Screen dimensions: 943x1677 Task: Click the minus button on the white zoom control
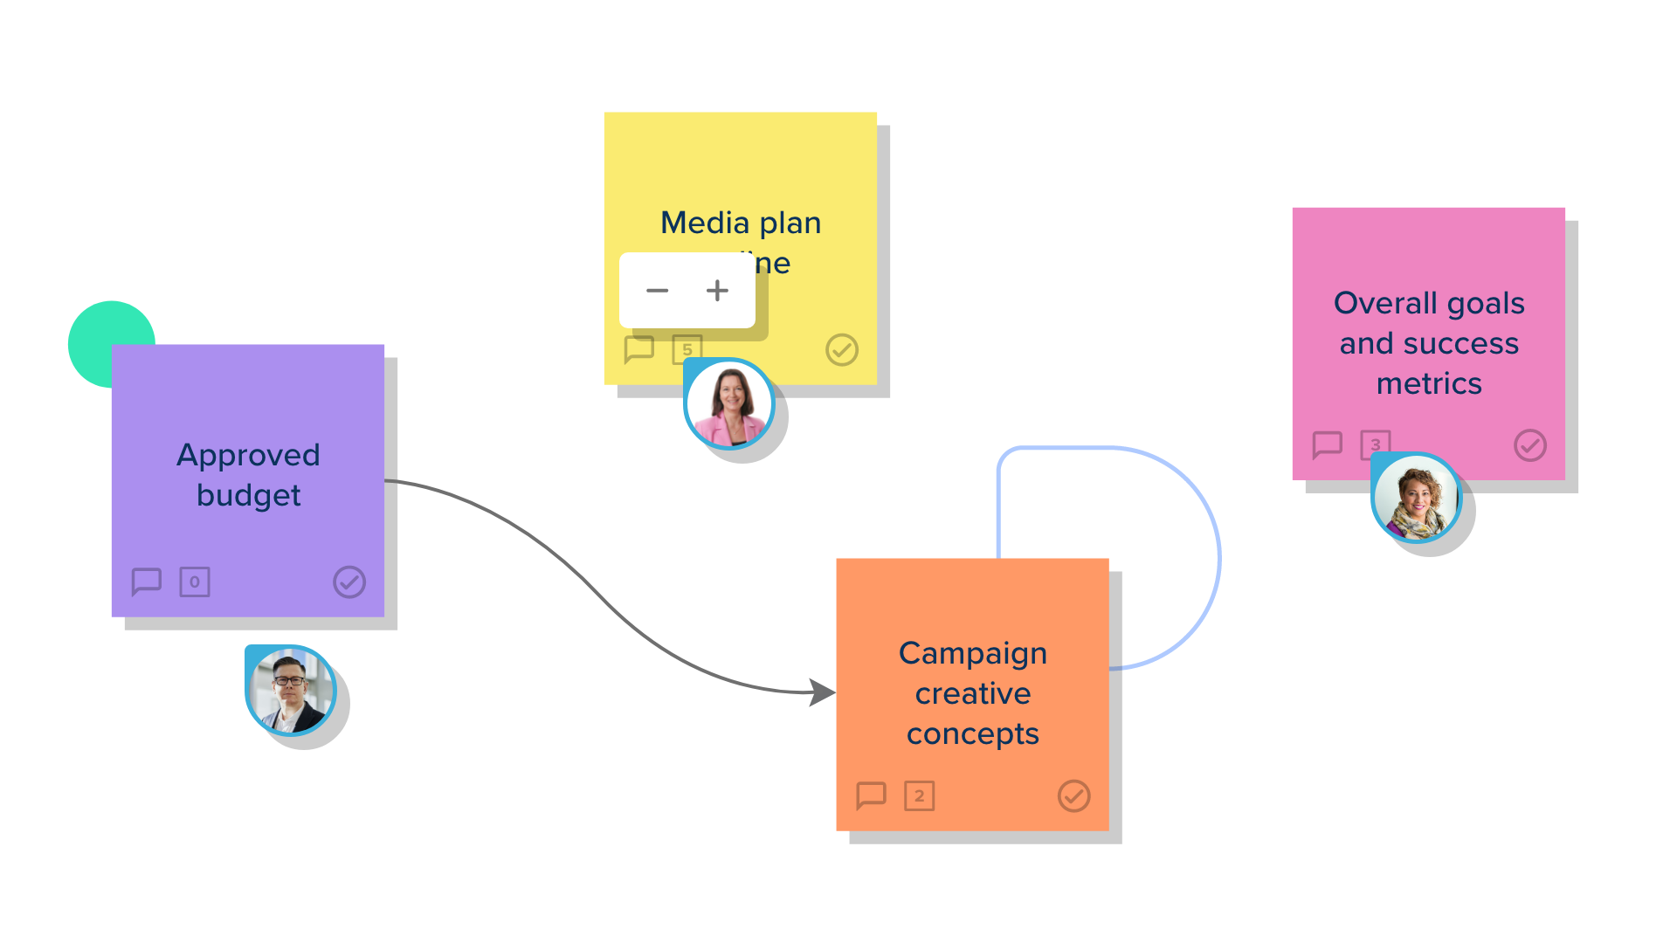tap(657, 291)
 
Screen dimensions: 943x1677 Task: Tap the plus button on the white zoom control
tap(717, 291)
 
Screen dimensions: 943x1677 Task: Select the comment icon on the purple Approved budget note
tap(147, 582)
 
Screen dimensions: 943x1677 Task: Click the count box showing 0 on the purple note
tap(195, 582)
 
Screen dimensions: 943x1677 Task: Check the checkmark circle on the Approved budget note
tap(349, 582)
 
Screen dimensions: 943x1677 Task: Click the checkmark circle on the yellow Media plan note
tap(842, 350)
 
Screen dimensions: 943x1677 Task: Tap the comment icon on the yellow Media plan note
tap(639, 349)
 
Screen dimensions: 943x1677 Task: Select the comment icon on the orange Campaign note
tap(872, 795)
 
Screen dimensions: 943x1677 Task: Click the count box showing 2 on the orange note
tap(920, 796)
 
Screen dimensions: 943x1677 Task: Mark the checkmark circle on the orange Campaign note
tap(1074, 796)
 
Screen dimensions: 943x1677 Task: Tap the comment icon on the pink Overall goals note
tap(1328, 444)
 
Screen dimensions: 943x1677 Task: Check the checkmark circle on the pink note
tap(1530, 445)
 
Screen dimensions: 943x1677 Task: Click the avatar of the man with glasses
tap(291, 691)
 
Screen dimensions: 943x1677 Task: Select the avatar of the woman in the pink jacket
tap(730, 404)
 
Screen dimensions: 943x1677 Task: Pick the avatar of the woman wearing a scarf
tap(1416, 499)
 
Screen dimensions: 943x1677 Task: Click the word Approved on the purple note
tap(248, 455)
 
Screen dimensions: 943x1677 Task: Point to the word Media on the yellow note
tap(705, 223)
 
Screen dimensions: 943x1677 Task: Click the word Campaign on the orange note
tap(973, 653)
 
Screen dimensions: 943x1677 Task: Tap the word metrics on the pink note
tap(1429, 383)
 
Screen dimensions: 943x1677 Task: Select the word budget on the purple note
tap(248, 495)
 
